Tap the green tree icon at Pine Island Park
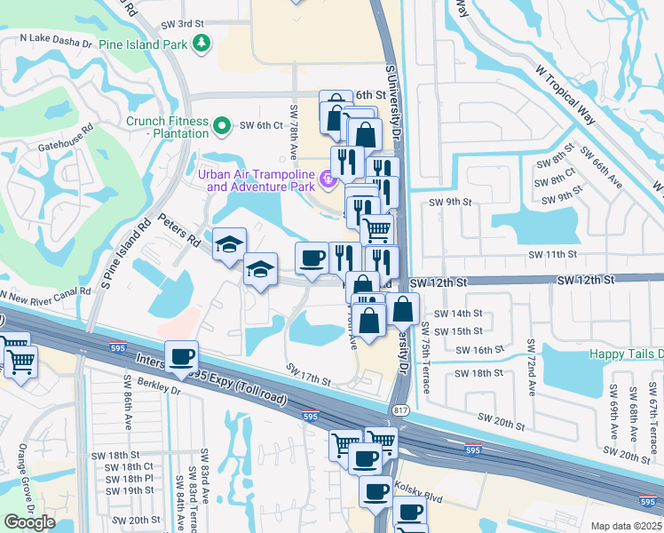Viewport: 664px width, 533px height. [202, 43]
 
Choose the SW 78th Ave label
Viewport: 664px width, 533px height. [293, 134]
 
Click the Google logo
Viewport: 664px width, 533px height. [29, 521]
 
